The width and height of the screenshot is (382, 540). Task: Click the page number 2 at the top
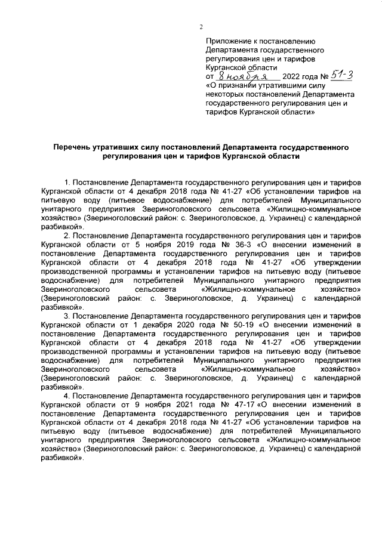tap(201, 27)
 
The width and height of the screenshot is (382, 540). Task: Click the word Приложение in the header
tap(228, 41)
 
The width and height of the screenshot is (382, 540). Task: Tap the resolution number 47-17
tap(233, 404)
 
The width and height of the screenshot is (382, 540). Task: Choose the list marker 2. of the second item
tap(67, 236)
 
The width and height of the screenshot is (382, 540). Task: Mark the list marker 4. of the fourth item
tap(67, 396)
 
